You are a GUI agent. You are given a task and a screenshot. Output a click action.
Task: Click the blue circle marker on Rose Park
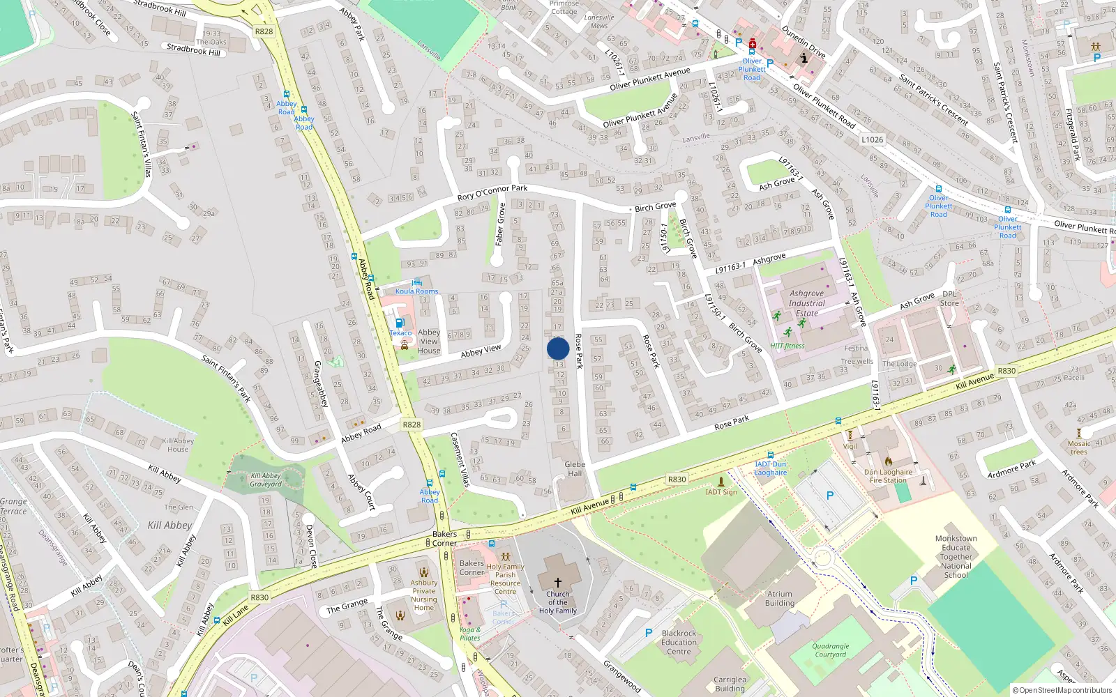click(x=558, y=348)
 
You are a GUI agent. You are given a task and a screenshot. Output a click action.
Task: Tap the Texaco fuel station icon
click(x=399, y=323)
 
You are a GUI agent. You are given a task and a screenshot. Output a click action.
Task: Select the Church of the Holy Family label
click(x=557, y=603)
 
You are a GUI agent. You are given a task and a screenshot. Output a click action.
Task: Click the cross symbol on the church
click(x=558, y=582)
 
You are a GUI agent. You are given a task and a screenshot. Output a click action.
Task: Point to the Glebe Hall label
click(x=575, y=468)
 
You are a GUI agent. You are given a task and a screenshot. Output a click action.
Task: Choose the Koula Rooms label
click(x=417, y=291)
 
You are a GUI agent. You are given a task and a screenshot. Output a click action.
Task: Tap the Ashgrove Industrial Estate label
click(x=807, y=303)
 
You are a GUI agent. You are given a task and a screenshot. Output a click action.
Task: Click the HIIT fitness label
click(x=787, y=346)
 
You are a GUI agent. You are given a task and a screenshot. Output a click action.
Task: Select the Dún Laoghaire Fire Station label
click(x=888, y=475)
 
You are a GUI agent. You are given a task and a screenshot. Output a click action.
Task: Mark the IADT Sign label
click(x=721, y=492)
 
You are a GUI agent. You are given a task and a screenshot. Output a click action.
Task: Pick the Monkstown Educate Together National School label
click(x=956, y=556)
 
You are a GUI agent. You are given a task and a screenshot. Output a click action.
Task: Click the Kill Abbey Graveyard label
click(x=266, y=480)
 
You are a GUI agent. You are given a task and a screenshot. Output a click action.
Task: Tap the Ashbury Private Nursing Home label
click(x=423, y=595)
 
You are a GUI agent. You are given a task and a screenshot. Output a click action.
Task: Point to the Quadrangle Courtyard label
click(x=830, y=650)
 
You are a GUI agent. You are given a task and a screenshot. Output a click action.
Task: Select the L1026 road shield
click(x=872, y=139)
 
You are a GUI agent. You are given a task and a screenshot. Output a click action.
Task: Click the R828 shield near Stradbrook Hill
click(x=264, y=31)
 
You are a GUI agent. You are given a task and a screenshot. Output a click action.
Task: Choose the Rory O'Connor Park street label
click(x=492, y=192)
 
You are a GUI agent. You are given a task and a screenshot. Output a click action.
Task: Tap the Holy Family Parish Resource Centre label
click(x=506, y=579)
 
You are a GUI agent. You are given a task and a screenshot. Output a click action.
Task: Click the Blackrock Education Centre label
click(x=679, y=642)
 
